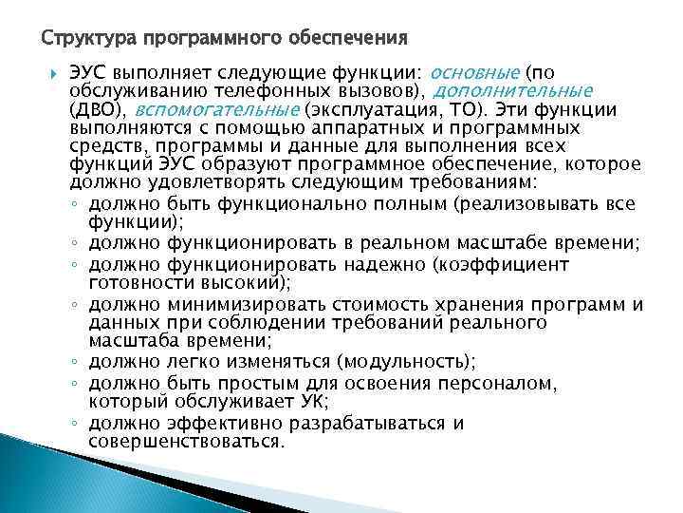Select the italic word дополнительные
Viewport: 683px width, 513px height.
514,91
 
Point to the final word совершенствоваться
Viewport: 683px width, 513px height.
185,441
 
